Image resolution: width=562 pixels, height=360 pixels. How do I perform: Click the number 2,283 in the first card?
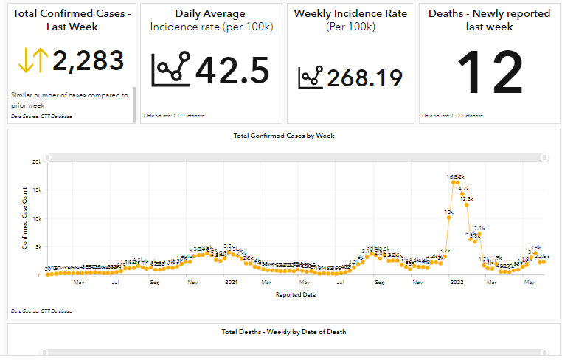tap(89, 60)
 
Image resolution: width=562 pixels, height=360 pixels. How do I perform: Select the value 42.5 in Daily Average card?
tap(232, 70)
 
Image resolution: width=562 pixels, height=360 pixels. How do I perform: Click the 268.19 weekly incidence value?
tap(365, 77)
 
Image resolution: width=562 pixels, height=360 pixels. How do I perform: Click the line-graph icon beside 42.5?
tap(170, 69)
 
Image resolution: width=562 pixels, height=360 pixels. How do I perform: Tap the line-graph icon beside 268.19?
tap(311, 77)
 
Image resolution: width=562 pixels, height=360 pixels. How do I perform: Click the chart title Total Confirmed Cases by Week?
tap(283, 136)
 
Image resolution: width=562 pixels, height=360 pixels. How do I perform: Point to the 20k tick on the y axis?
tap(36, 162)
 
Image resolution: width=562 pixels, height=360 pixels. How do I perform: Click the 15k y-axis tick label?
tap(36, 190)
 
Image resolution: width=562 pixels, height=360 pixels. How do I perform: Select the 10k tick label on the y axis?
tap(36, 218)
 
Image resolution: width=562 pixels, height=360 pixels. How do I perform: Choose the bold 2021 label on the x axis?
tap(231, 282)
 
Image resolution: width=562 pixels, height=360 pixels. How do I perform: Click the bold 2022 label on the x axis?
tap(457, 282)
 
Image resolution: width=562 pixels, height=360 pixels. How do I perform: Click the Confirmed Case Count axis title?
tap(24, 218)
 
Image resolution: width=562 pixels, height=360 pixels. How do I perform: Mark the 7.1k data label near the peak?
tap(479, 229)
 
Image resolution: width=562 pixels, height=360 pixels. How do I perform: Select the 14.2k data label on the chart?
tap(462, 189)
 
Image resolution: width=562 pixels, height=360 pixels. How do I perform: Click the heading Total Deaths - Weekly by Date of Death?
tap(283, 332)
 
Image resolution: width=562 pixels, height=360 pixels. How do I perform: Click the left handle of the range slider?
tap(48, 157)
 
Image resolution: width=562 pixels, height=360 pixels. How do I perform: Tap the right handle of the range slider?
tap(544, 157)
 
